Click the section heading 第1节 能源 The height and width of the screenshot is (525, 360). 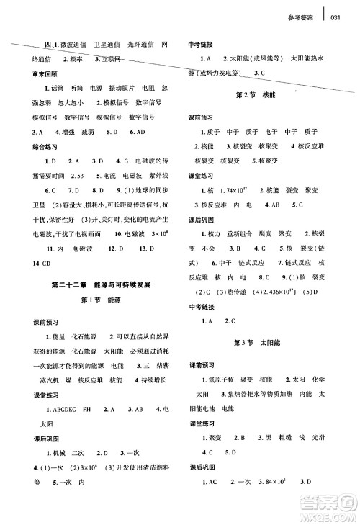click(97, 300)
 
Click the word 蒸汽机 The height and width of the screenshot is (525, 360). click(36, 377)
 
